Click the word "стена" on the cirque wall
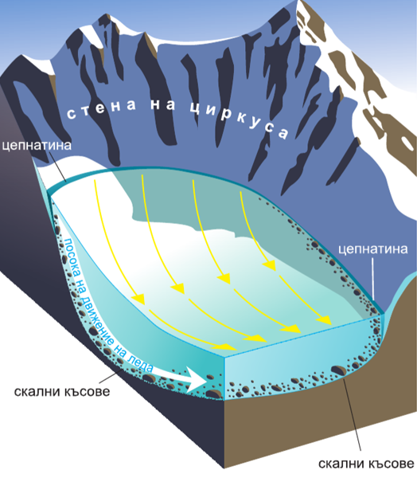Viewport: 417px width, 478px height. click(x=101, y=108)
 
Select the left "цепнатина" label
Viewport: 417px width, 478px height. click(x=37, y=146)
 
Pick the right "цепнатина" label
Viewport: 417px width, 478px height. click(x=372, y=249)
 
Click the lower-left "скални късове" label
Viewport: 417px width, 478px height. click(x=62, y=391)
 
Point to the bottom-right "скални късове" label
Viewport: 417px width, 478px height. click(x=366, y=464)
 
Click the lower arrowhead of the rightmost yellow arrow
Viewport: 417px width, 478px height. click(x=324, y=320)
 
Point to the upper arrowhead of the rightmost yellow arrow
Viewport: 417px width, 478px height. click(x=270, y=265)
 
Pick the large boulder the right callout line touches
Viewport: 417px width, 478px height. click(x=338, y=370)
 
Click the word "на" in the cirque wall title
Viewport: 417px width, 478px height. click(x=163, y=104)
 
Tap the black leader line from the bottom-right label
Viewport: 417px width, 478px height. click(x=352, y=413)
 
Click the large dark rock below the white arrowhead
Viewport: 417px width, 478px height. click(x=213, y=394)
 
